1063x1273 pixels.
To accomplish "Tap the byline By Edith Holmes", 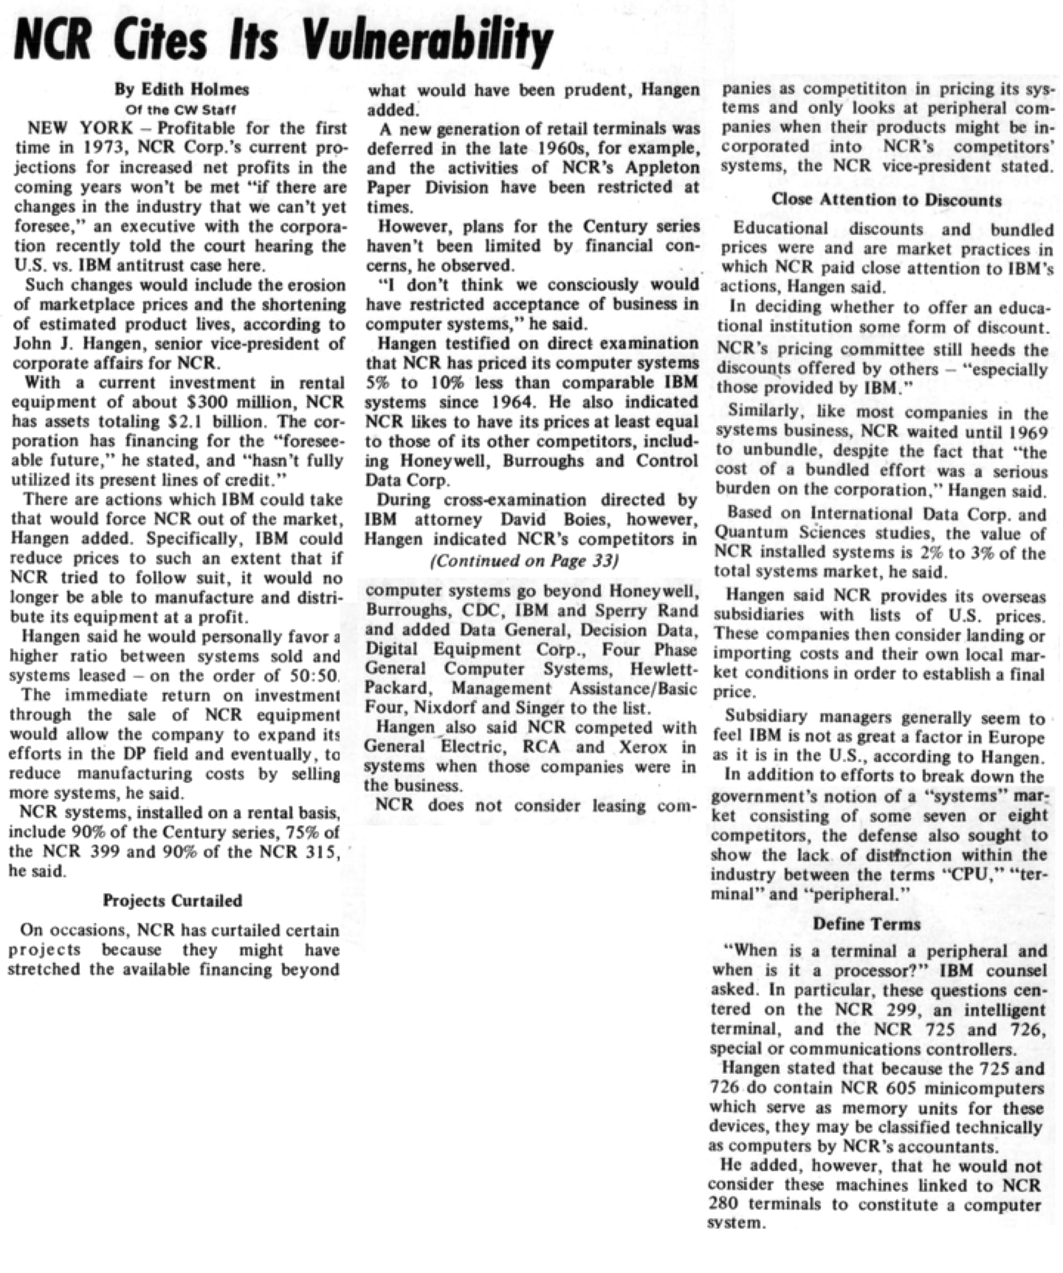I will tap(182, 90).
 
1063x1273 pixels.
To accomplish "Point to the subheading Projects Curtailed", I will tap(172, 901).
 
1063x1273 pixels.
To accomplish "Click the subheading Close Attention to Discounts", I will tap(887, 200).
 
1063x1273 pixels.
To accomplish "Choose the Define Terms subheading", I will tap(867, 924).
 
